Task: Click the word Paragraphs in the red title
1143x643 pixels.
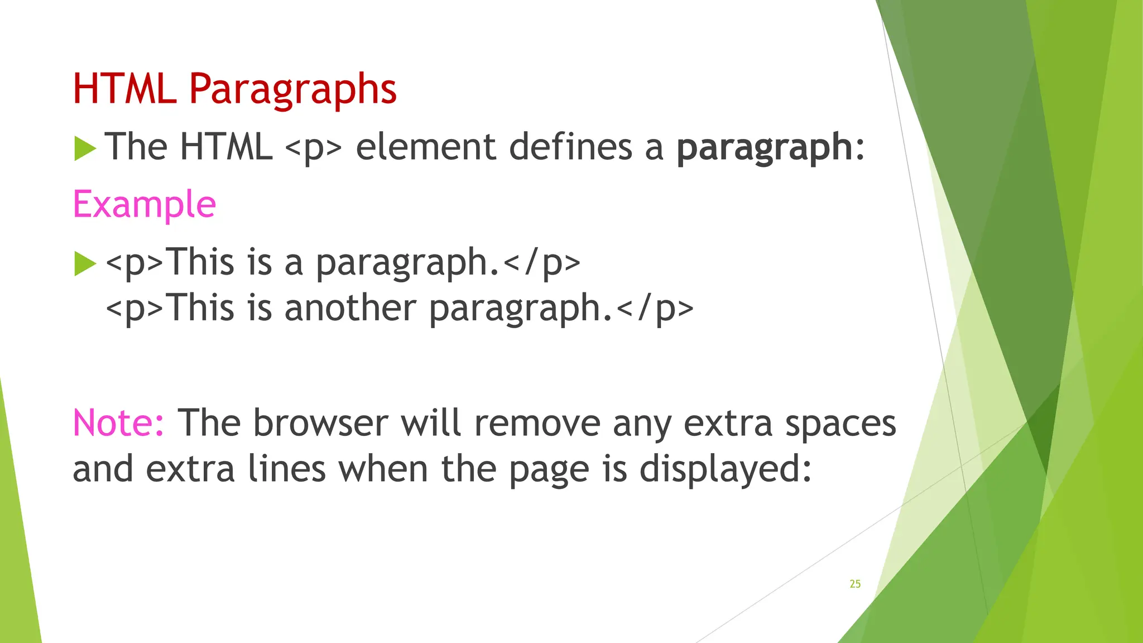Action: (x=292, y=89)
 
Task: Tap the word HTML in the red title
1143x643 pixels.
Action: (x=124, y=89)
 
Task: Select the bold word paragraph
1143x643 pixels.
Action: (x=764, y=147)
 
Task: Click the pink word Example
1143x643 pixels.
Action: (x=144, y=204)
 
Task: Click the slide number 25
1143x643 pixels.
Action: (x=855, y=584)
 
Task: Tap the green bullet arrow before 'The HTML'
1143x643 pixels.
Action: (x=85, y=148)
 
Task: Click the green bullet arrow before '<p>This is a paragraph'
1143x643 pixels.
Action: (x=85, y=263)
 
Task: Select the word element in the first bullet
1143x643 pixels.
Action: (x=425, y=147)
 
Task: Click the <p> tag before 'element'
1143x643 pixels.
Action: (x=313, y=148)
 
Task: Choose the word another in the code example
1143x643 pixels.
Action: (x=350, y=308)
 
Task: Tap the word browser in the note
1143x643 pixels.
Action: (x=320, y=423)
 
